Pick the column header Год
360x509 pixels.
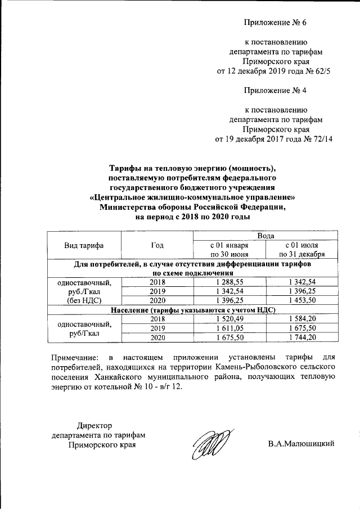tap(158, 245)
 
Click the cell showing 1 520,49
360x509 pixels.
tap(229, 319)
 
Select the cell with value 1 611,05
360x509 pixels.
tap(229, 328)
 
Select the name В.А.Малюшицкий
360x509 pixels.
tap(301, 444)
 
